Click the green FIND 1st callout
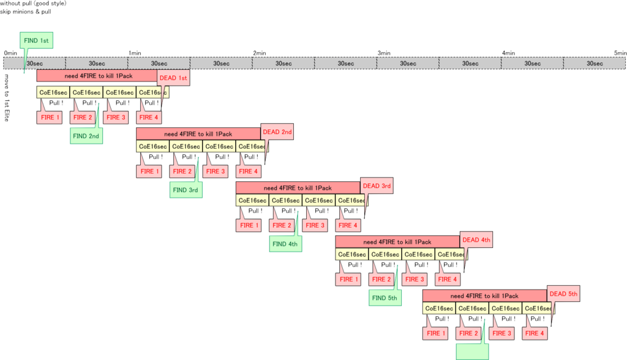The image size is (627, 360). (36, 40)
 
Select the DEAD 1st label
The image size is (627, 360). (173, 78)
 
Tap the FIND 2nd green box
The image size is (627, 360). (86, 136)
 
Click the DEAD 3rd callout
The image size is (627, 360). (377, 186)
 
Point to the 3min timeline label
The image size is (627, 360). (384, 53)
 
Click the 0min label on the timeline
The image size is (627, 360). (10, 53)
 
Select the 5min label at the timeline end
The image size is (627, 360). (620, 53)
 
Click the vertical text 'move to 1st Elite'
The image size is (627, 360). (6, 97)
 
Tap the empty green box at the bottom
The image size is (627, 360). (472, 351)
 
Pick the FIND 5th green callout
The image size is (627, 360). (385, 298)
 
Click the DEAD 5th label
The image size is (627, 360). (563, 294)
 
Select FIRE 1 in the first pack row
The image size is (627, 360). (49, 117)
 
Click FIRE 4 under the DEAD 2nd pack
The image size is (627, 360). (249, 171)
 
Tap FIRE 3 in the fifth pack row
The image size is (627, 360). (501, 333)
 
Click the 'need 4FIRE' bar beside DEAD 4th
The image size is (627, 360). (397, 242)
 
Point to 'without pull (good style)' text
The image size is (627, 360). (33, 3)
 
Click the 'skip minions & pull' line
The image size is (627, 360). (26, 12)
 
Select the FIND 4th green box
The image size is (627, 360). (285, 244)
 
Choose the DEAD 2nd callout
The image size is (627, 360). (277, 132)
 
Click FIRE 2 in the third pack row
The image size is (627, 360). (282, 225)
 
